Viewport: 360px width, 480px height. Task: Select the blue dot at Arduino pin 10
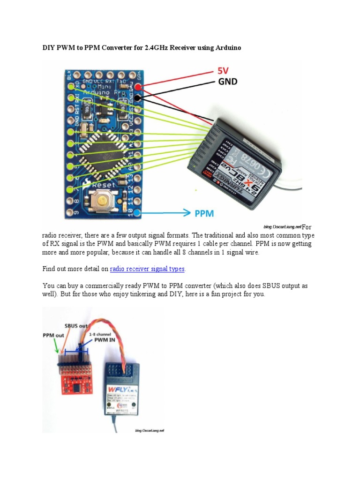point(136,213)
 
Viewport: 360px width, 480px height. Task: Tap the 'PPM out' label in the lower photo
point(54,335)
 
